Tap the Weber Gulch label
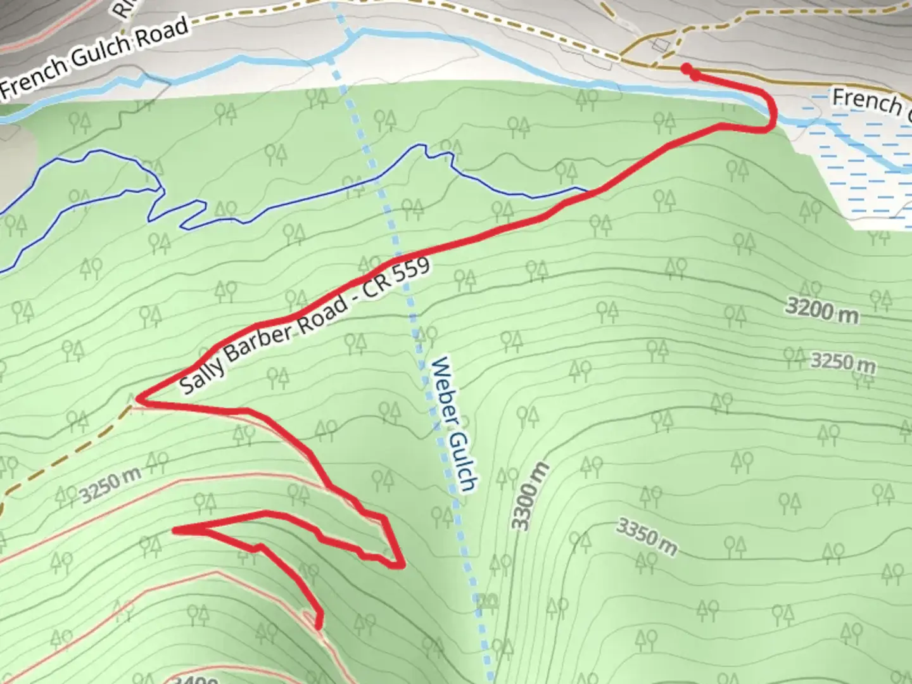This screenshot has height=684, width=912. tap(452, 425)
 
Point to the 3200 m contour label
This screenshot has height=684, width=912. tap(821, 310)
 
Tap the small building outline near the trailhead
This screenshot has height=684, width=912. tap(660, 44)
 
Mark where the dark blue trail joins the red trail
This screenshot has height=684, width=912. tap(590, 190)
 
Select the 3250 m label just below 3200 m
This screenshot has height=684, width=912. tap(843, 362)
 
